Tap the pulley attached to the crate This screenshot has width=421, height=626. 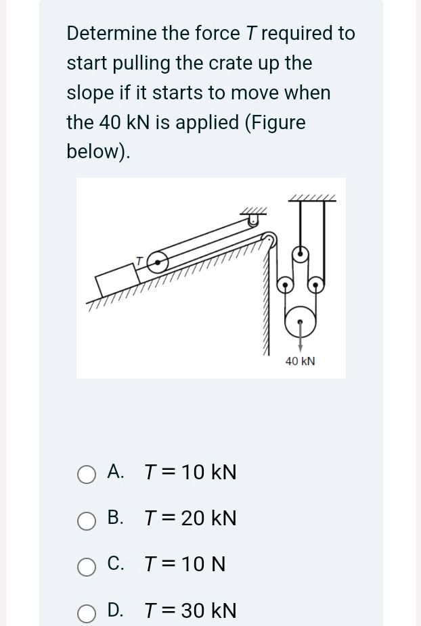click(x=157, y=263)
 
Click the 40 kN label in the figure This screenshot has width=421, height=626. click(x=300, y=362)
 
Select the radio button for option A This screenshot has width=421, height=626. click(x=86, y=474)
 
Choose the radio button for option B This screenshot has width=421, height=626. click(x=86, y=520)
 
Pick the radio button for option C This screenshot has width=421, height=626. click(x=86, y=566)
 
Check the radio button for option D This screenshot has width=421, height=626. click(x=86, y=612)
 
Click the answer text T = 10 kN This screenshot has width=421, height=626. click(x=191, y=473)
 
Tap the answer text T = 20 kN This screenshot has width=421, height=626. click(x=191, y=519)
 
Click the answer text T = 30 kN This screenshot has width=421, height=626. click(x=191, y=611)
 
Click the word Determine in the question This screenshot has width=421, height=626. click(x=111, y=33)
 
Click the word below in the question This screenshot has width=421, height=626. click(x=95, y=151)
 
